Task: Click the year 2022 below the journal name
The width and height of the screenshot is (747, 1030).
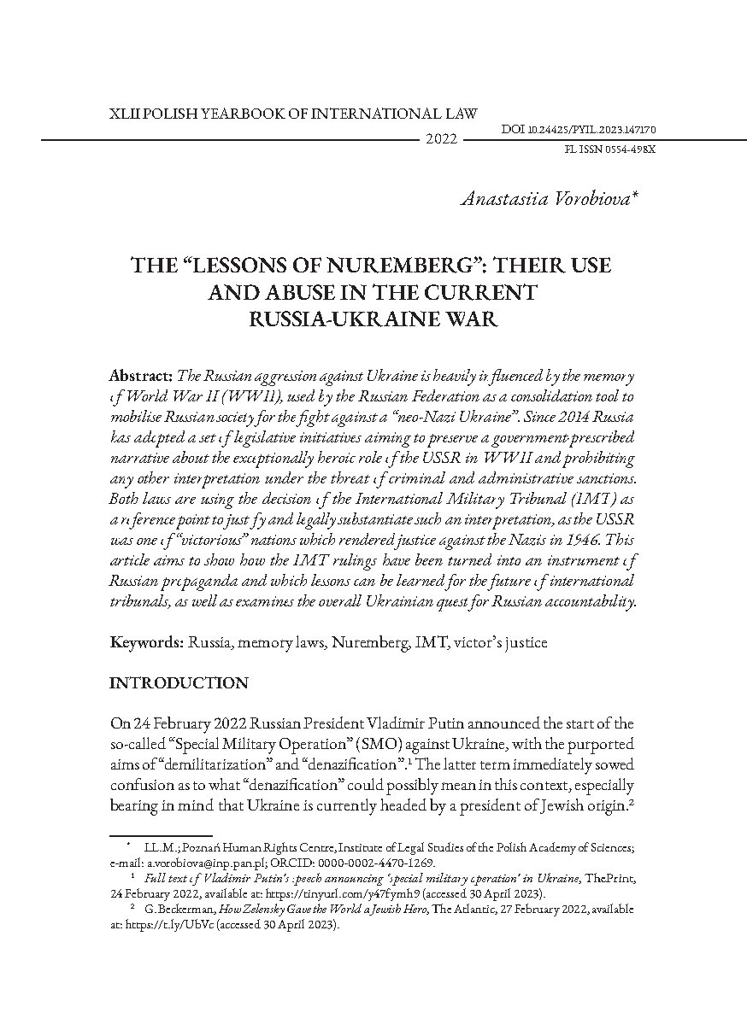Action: pos(441,139)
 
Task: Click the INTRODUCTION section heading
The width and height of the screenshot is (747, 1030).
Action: pos(179,683)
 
